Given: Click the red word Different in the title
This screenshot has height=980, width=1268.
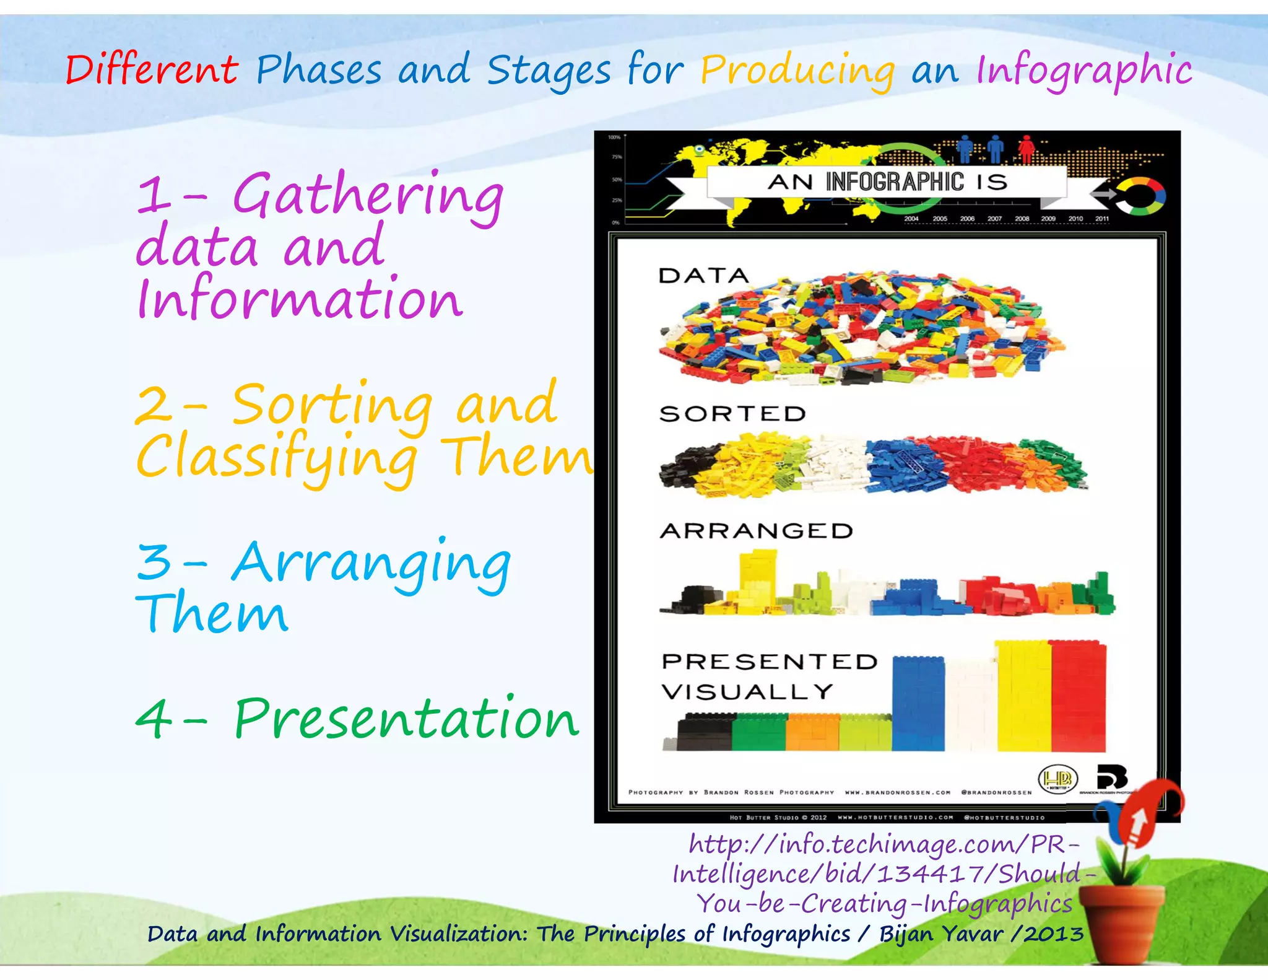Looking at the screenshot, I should pyautogui.click(x=152, y=69).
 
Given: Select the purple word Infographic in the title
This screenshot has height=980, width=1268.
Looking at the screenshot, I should pyautogui.click(x=1083, y=71).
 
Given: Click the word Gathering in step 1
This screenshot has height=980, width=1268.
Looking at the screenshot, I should pyautogui.click(x=368, y=196).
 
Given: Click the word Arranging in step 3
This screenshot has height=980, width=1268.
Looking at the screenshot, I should pyautogui.click(x=371, y=564).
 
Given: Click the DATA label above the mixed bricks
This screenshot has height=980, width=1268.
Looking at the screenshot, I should pyautogui.click(x=703, y=276).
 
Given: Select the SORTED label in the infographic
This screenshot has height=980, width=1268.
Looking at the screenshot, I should pyautogui.click(x=732, y=414).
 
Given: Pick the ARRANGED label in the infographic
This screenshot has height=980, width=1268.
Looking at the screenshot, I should pyautogui.click(x=756, y=531).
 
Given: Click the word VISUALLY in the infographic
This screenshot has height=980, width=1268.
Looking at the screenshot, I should pyautogui.click(x=747, y=691).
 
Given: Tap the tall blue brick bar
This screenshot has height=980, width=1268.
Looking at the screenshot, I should pyautogui.click(x=918, y=703).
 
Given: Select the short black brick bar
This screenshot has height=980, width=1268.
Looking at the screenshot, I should pyautogui.click(x=705, y=732).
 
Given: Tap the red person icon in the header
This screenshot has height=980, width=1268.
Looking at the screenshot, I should pyautogui.click(x=1027, y=149).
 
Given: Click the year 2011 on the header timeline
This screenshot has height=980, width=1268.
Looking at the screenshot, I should pyautogui.click(x=1102, y=219).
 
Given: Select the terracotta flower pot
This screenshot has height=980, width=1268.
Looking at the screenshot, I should pyautogui.click(x=1121, y=922).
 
